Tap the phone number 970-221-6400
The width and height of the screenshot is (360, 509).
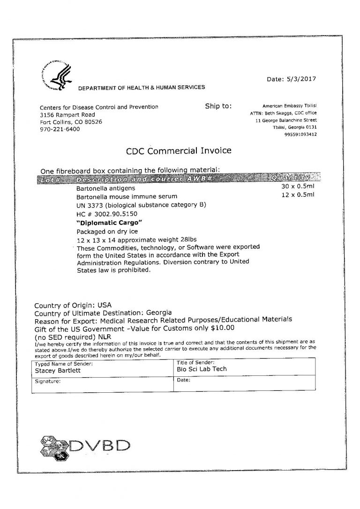point(60,129)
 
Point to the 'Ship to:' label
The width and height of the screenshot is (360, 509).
point(218,106)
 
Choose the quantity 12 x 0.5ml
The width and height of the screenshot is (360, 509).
point(298,195)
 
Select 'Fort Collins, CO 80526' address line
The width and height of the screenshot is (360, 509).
point(71,122)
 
